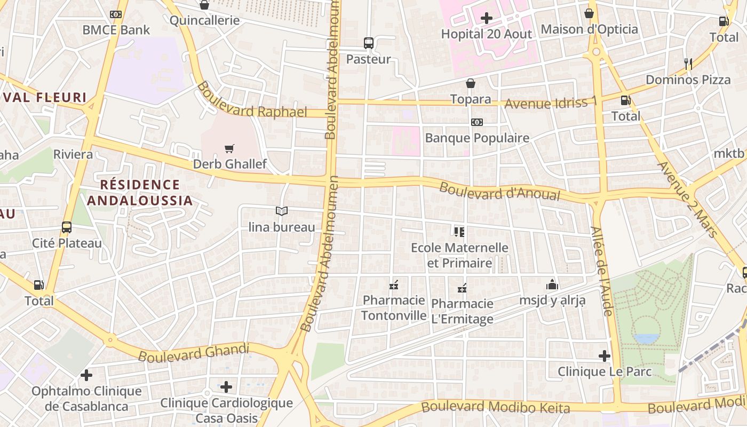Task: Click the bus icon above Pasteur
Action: (x=368, y=43)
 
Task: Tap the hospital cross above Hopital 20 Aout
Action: (x=486, y=18)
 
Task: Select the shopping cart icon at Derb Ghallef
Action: (x=229, y=148)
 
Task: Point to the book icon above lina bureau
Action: (x=282, y=211)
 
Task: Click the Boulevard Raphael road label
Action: (x=252, y=100)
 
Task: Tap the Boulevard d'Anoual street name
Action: (x=499, y=192)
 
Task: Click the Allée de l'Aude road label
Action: (x=601, y=271)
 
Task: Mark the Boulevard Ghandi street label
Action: (x=194, y=352)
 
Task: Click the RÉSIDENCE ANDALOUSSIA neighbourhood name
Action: (x=140, y=193)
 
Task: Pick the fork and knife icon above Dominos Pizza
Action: (x=688, y=64)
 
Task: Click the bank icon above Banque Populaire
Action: (x=477, y=122)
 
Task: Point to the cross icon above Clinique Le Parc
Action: (x=605, y=355)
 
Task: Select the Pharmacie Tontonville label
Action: (x=394, y=307)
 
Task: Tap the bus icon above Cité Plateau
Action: (x=67, y=227)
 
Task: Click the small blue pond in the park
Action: (x=647, y=338)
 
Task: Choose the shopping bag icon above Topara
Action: (x=471, y=83)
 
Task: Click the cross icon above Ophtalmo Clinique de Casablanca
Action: (x=86, y=375)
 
